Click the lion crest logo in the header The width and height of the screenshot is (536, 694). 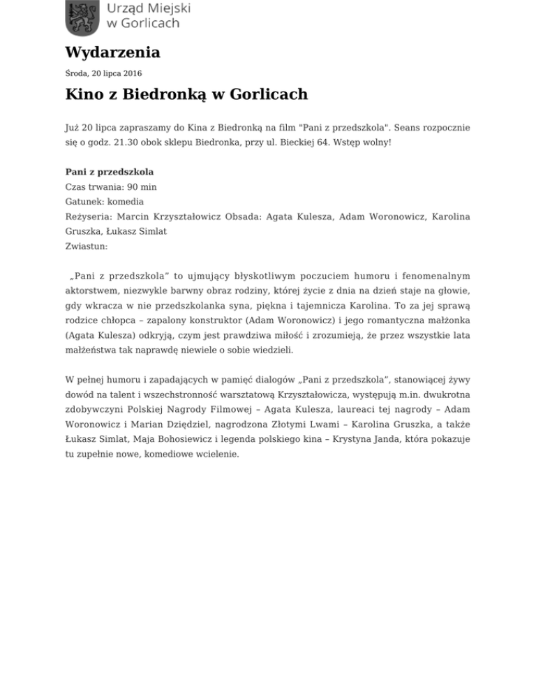click(x=82, y=17)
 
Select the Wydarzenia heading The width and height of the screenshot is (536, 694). click(x=112, y=53)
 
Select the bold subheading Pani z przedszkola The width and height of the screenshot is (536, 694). click(x=109, y=171)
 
